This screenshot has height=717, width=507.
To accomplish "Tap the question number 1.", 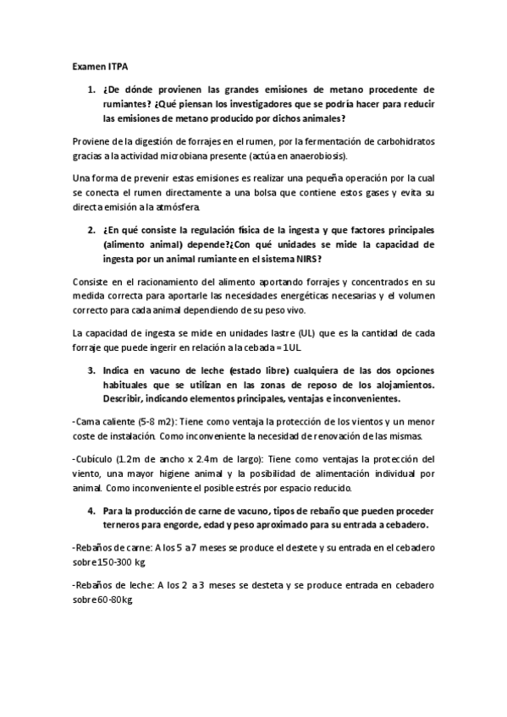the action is coord(92,88).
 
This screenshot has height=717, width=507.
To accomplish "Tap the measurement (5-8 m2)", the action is coord(132,420).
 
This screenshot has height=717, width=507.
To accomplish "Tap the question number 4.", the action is coord(91,512).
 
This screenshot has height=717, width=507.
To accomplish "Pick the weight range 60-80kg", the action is coord(118,599).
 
